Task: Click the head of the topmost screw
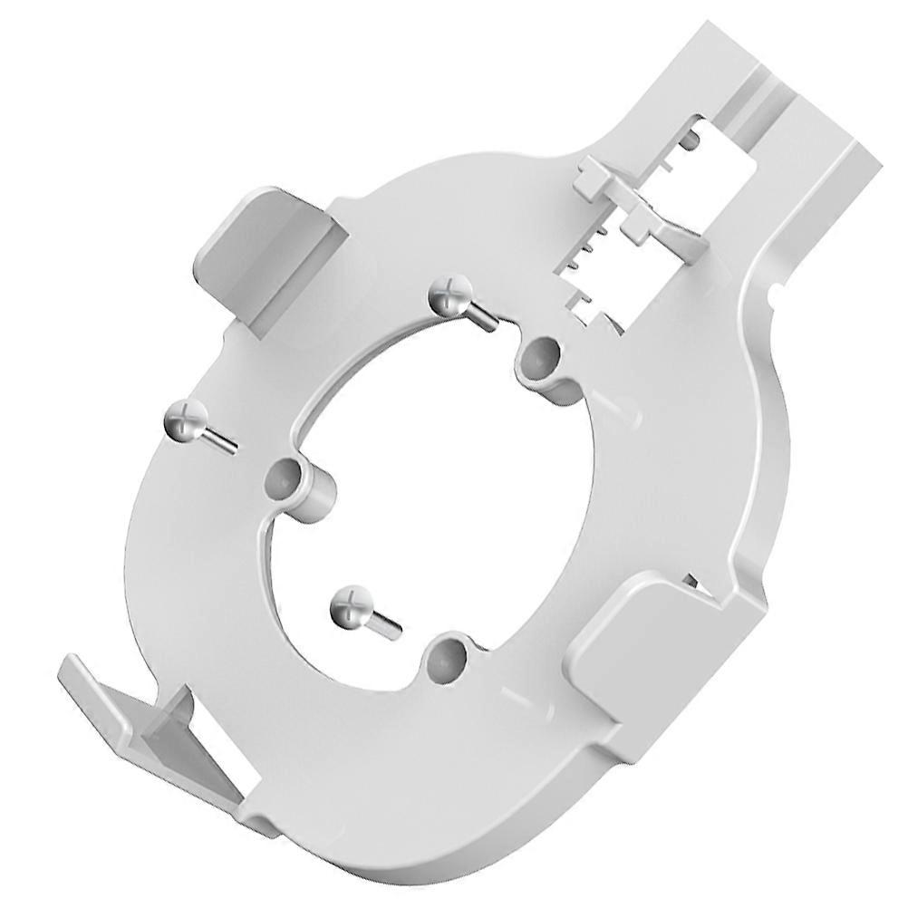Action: click(450, 296)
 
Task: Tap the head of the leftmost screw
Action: click(186, 421)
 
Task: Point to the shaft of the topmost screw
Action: click(480, 316)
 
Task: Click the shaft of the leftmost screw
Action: click(219, 440)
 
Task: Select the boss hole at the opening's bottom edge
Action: click(446, 659)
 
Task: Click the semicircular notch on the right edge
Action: click(776, 292)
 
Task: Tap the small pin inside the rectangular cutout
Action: click(691, 141)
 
